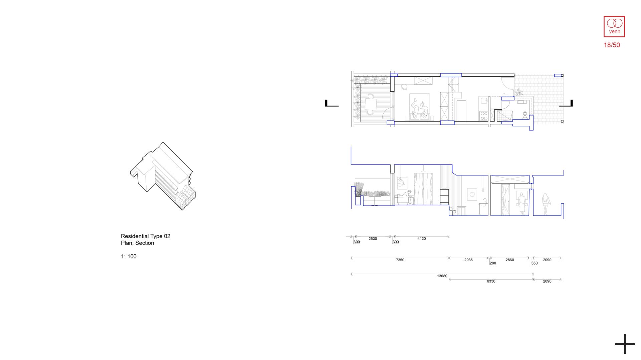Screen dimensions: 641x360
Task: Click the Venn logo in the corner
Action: click(614, 26)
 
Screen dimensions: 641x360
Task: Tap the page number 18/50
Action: click(612, 45)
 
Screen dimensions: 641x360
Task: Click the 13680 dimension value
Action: click(442, 276)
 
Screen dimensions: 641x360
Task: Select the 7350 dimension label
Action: click(400, 260)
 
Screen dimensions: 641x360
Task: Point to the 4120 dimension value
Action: click(421, 239)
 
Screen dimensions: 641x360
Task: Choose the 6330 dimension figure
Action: click(491, 282)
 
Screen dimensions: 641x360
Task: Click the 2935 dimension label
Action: click(468, 260)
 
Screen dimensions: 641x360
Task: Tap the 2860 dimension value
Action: click(509, 260)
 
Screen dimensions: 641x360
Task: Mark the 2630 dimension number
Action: click(373, 239)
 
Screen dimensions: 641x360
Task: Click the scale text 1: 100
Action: click(129, 257)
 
